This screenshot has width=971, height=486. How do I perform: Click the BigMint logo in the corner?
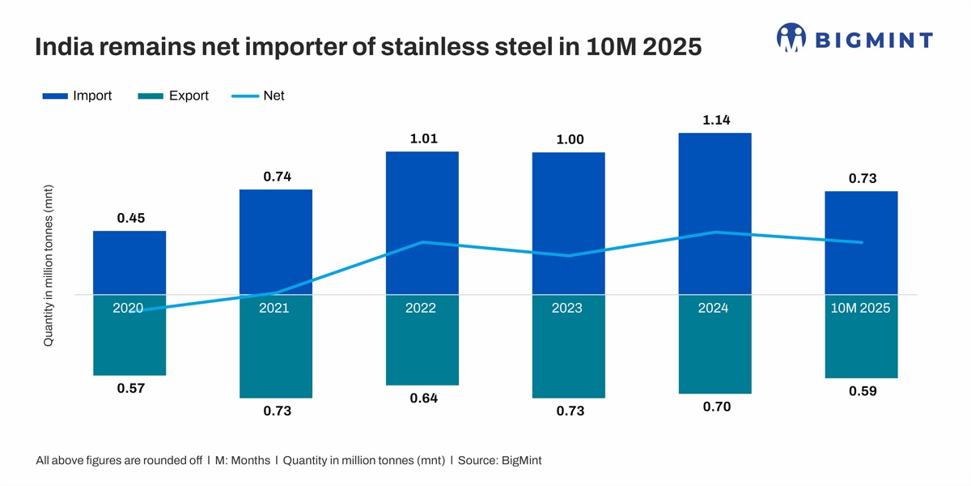[x=854, y=38]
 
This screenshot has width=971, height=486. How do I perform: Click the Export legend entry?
[x=173, y=96]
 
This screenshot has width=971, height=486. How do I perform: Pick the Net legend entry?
[x=258, y=96]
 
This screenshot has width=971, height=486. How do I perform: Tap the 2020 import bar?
[x=129, y=262]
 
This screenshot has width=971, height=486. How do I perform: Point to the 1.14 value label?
[x=716, y=120]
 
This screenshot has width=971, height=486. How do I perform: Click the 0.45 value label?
[x=130, y=218]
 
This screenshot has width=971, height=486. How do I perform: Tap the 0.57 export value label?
[x=130, y=388]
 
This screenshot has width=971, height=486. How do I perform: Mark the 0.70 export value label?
[x=716, y=407]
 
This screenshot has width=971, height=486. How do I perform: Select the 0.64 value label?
[x=423, y=398]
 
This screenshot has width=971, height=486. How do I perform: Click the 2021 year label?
[x=275, y=308]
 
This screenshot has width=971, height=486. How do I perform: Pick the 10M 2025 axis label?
[x=861, y=308]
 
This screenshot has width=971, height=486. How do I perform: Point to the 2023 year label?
[x=568, y=308]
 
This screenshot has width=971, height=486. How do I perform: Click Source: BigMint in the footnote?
[x=499, y=460]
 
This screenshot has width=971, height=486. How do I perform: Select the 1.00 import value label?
[x=570, y=140]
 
